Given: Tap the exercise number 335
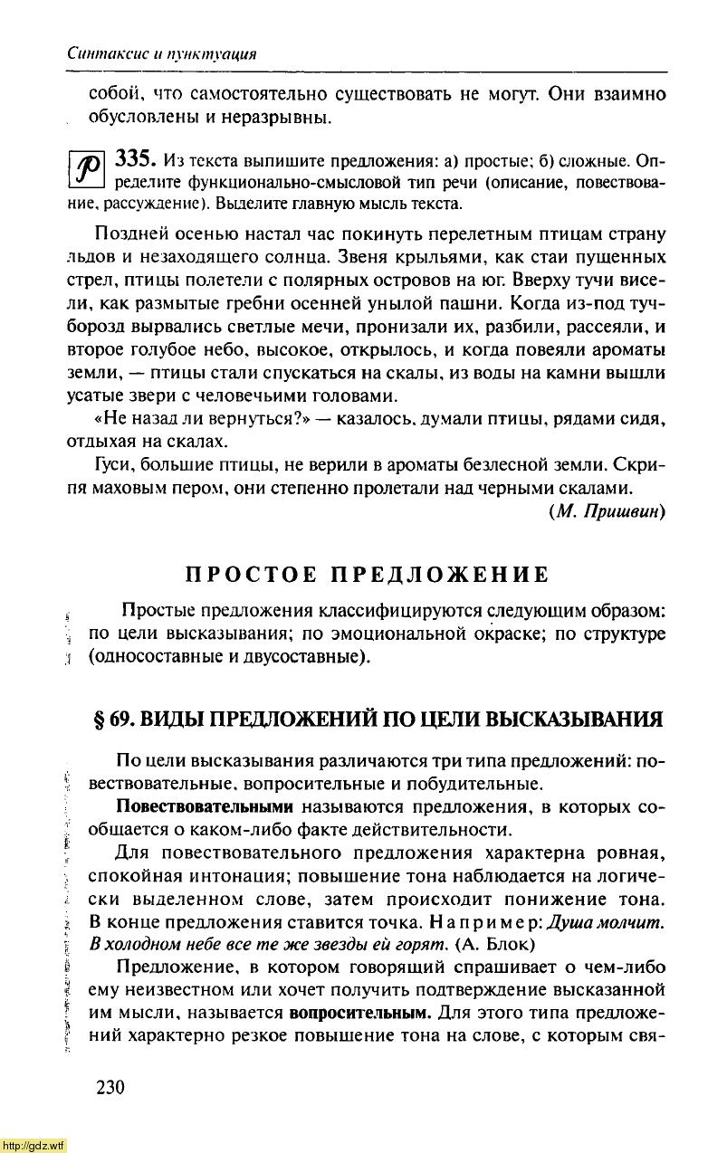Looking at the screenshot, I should (134, 161).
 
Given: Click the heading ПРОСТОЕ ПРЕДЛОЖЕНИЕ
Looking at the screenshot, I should (367, 575).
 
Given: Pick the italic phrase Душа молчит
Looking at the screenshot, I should (612, 921).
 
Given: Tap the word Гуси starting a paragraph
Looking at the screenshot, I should (111, 465).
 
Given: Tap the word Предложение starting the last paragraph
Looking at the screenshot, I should (168, 967).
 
